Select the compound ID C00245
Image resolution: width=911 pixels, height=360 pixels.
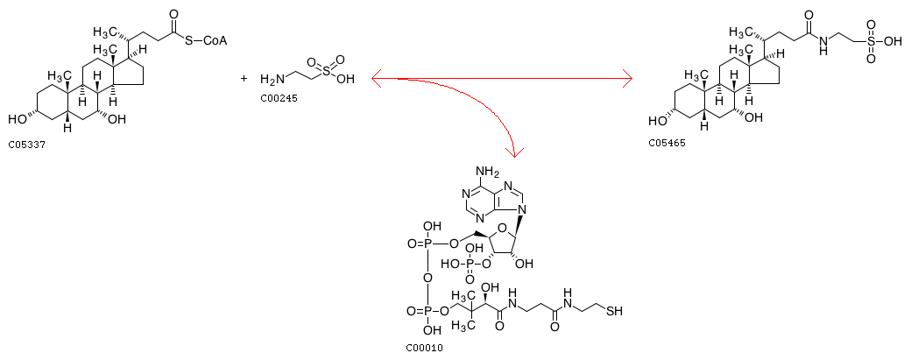pos(279,98)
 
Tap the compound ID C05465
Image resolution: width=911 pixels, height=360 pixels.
pos(667,142)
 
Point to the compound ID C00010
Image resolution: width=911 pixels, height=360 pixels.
pos(424,348)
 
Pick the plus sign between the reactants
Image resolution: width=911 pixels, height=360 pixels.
pos(244,77)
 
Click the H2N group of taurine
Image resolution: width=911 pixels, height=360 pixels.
pos(272,79)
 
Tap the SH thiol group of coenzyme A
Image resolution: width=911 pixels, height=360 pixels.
pos(614,311)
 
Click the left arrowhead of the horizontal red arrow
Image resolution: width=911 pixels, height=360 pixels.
pos(375,78)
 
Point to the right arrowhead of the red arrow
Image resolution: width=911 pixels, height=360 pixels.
pos(627,78)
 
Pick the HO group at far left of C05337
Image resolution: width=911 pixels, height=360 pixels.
pos(17,120)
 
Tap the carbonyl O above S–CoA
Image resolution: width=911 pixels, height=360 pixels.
pos(173,12)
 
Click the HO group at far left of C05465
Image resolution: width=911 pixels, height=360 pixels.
pos(657,121)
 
